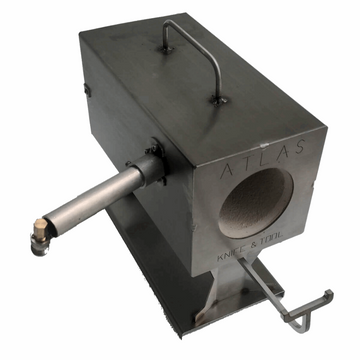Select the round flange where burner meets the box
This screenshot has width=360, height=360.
[x=151, y=168]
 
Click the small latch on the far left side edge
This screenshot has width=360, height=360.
[x=87, y=91]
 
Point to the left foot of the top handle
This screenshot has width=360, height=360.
[x=164, y=46]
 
